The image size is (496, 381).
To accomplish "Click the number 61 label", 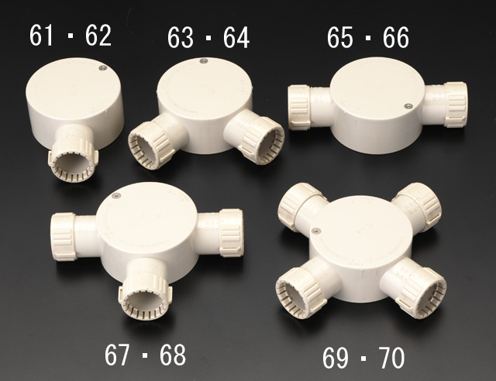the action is point(41,36).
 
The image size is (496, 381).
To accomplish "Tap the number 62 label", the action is point(98,36).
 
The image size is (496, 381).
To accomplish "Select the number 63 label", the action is point(180,38).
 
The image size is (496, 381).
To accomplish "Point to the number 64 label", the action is point(236,38).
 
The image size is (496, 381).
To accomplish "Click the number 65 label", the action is point(339,38).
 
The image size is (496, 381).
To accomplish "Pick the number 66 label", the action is point(396,38).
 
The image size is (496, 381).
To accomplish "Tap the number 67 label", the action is point(117,355).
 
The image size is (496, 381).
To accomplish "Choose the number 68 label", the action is point(172,355).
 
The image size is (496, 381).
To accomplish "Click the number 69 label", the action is point(336,358).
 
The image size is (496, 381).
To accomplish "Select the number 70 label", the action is point(391,358).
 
